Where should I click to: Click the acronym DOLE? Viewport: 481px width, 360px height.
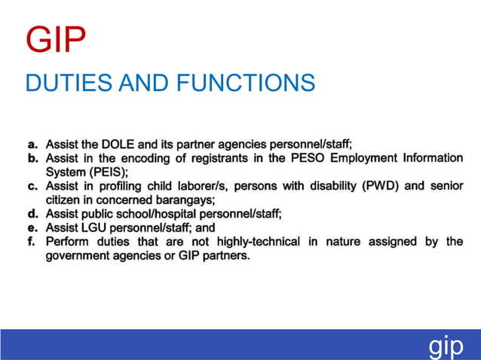point(119,144)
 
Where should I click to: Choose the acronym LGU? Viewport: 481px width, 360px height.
point(93,227)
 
